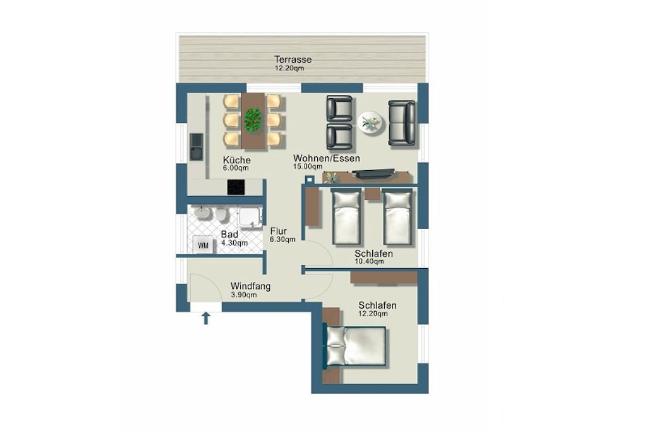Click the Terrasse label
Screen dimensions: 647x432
(x=293, y=59)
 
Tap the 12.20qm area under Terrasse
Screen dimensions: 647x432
(x=289, y=68)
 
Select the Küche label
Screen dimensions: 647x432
(x=237, y=160)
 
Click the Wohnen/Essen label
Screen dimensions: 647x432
(x=327, y=158)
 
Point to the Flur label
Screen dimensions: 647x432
(x=279, y=231)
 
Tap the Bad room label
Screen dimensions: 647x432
(x=229, y=235)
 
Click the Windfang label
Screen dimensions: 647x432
(x=250, y=287)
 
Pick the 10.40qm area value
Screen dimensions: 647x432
(x=369, y=261)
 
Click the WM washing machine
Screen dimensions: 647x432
(x=203, y=245)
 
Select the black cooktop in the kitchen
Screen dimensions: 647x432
(x=236, y=187)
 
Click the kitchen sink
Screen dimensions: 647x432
(x=197, y=147)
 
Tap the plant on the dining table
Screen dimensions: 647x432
(x=253, y=120)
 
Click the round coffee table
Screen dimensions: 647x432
(x=370, y=122)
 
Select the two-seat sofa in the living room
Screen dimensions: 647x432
(x=401, y=123)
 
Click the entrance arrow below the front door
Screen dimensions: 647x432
(x=206, y=318)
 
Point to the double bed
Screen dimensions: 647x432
(x=356, y=346)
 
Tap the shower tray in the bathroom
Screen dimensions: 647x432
(x=250, y=217)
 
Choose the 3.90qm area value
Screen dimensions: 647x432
(x=243, y=295)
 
